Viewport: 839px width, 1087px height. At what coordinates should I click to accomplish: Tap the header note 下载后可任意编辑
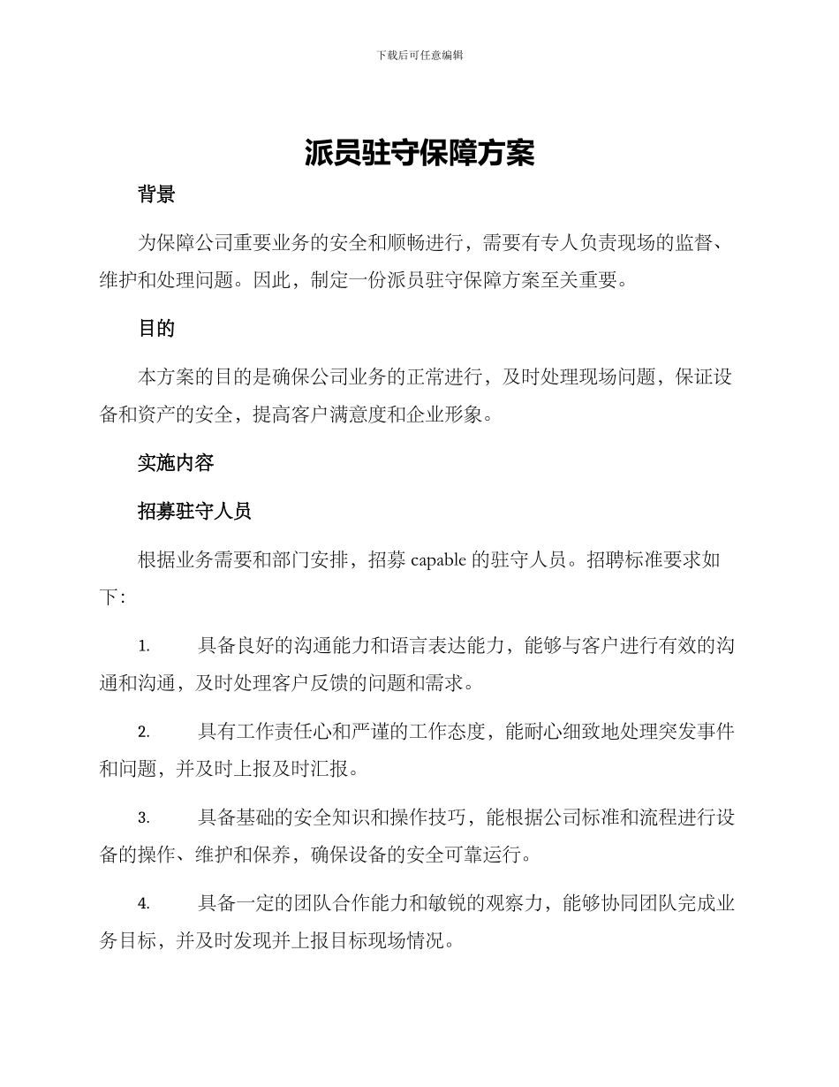click(419, 55)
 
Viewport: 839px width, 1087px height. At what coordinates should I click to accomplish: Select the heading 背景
click(156, 195)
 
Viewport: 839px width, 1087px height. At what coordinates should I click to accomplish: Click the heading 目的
click(156, 329)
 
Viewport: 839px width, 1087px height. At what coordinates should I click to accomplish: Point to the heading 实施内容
click(176, 462)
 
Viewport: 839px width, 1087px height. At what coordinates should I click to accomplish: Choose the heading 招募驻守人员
click(195, 510)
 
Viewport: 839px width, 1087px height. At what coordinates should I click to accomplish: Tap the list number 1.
click(144, 646)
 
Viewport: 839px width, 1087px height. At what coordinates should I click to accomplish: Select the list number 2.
click(144, 732)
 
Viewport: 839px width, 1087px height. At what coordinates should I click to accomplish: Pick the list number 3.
click(144, 817)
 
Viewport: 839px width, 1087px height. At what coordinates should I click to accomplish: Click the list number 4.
click(144, 903)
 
